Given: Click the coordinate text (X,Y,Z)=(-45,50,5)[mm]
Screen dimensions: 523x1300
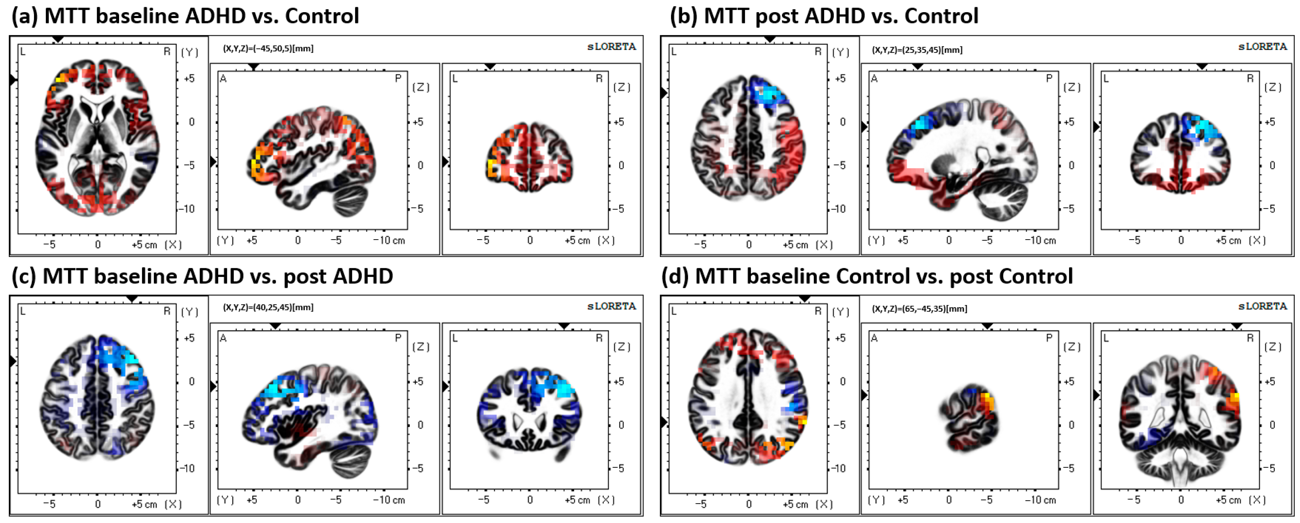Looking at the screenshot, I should coord(268,48).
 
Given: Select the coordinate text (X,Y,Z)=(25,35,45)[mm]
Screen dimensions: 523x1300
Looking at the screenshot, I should coord(917,50).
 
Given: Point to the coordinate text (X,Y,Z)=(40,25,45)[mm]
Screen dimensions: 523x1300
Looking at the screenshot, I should coord(268,307).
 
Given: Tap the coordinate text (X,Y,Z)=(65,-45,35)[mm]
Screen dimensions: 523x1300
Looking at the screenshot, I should coord(919,309).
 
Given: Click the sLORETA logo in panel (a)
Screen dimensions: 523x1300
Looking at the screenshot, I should coord(611,47).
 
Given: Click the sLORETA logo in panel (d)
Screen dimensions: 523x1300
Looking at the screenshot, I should coord(1262,306).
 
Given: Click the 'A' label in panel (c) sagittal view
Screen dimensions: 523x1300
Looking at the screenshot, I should coord(223,338).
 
